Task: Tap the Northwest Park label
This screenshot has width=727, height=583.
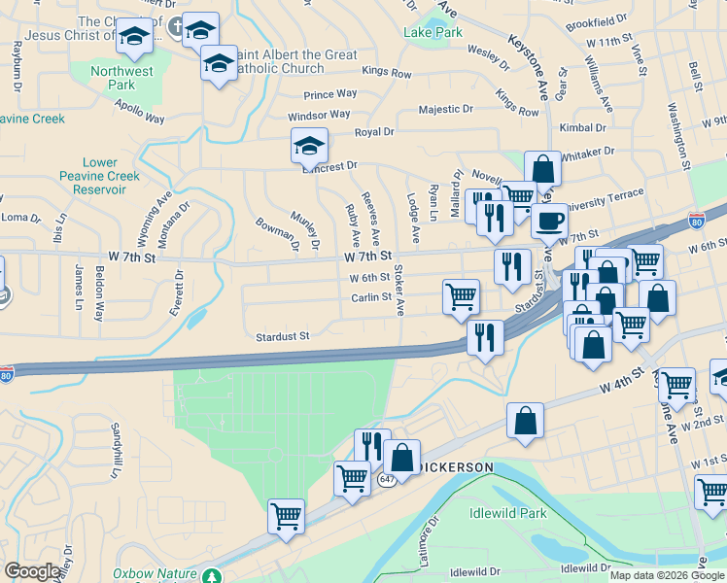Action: click(x=122, y=78)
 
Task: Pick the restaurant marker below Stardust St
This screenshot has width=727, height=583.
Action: click(x=485, y=336)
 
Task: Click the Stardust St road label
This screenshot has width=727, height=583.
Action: click(x=282, y=336)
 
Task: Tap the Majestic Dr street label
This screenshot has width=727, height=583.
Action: click(x=445, y=109)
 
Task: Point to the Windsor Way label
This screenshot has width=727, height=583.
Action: click(x=318, y=115)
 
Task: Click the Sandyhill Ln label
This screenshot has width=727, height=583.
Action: click(x=115, y=441)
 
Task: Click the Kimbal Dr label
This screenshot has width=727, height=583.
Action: click(x=583, y=127)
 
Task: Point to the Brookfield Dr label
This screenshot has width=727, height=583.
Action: click(x=597, y=20)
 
